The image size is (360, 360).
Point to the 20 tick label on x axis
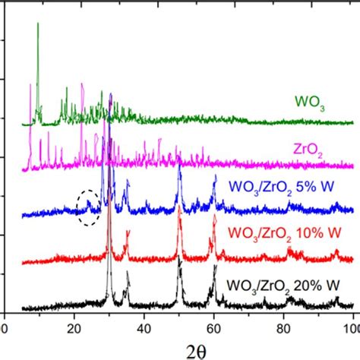click(74, 327)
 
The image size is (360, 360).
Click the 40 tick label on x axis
click(144, 327)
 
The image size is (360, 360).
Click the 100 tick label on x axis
click(350, 327)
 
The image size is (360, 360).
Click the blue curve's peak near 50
click(179, 166)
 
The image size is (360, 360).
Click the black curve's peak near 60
click(216, 266)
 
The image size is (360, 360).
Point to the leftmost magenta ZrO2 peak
click(30, 122)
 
